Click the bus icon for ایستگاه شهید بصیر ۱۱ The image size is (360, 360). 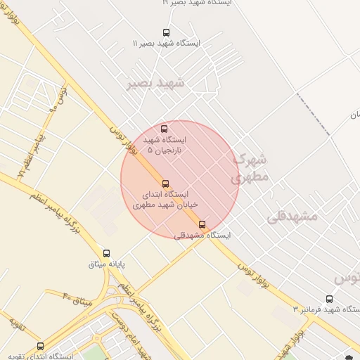166,32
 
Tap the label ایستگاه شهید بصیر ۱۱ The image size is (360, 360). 166,44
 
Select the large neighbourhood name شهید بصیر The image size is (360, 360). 155,84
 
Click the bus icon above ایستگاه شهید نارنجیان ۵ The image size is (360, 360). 164,129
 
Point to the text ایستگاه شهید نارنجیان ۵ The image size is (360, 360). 163,145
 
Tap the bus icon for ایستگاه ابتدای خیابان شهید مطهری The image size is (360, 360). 166,184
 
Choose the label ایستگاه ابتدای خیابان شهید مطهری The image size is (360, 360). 166,199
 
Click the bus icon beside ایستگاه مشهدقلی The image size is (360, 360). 202,225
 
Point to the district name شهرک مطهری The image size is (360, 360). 250,169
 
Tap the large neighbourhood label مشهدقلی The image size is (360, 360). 292,217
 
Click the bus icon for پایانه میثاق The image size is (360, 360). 106,253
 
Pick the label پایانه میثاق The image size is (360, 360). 106,264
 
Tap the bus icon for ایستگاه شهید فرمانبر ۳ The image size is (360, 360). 330,300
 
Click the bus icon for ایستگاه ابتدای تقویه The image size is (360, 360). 40,346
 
